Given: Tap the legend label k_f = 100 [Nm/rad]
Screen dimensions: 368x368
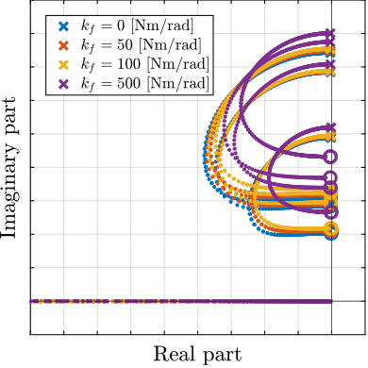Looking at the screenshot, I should coord(143,64).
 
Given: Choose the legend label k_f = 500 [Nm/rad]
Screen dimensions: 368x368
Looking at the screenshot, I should coord(143,83).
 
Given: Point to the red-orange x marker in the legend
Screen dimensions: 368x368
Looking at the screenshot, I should coord(63,45).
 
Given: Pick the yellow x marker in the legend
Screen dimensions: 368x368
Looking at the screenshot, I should coord(63,64).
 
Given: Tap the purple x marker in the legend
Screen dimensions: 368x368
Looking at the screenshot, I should coord(63,83).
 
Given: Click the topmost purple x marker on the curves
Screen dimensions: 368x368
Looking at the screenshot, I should coord(329,34).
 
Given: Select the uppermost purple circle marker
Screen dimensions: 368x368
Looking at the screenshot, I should coord(330,157).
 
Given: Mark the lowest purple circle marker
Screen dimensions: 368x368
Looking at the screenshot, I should coord(330,212).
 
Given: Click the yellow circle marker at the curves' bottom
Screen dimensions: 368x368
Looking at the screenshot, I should coord(330,229).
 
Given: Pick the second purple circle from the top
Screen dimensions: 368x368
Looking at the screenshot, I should coord(330,177).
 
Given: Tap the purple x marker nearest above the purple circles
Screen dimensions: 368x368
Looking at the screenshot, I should coord(329,127).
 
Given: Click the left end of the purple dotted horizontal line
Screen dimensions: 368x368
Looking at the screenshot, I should coord(32,301).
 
